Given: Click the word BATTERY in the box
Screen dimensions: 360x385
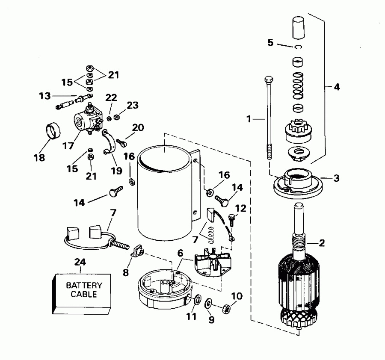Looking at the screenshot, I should coord(84,285).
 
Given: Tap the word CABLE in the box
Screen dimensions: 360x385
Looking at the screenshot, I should coord(84,294).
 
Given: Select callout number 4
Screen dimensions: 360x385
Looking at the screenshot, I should coord(337,87).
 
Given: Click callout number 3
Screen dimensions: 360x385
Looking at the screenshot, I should coord(337,178).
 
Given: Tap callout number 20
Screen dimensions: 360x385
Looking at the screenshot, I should coord(138,127).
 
